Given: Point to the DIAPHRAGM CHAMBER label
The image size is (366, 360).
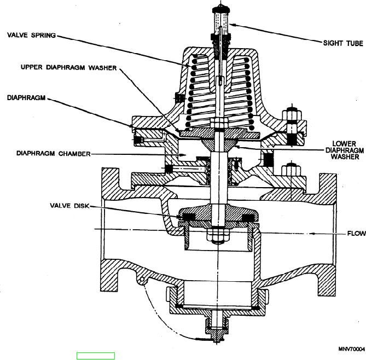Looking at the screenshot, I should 45,154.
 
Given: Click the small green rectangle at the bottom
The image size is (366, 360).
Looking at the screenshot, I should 96,356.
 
